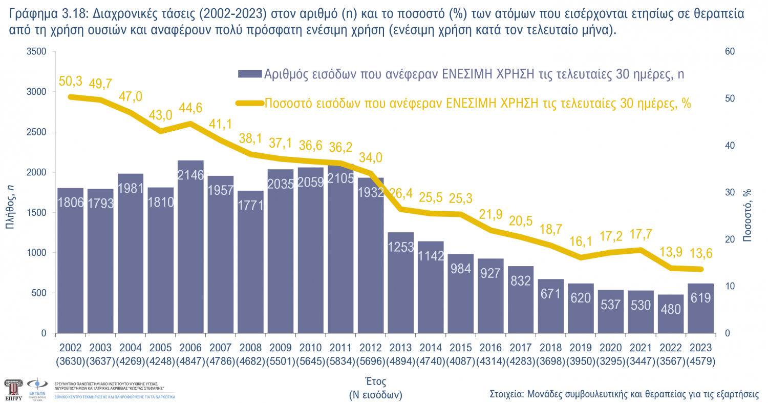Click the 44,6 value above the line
(x=191, y=108)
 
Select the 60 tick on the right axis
(x=729, y=52)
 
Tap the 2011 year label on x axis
(x=341, y=348)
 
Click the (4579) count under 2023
(x=700, y=361)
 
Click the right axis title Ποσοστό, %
(x=748, y=215)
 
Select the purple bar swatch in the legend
(x=250, y=74)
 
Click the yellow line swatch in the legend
(x=250, y=103)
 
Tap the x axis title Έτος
(x=375, y=381)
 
